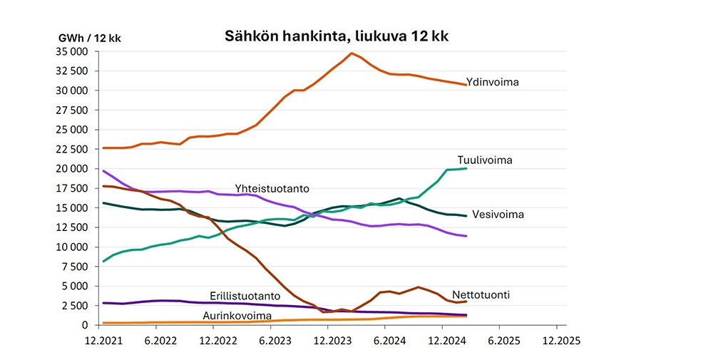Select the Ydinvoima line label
(x=492, y=82)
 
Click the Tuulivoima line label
(x=485, y=160)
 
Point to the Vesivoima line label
(x=497, y=214)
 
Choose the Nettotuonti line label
(x=481, y=294)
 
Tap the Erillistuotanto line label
(x=244, y=296)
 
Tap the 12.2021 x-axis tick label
(x=104, y=340)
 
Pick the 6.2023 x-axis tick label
(x=273, y=340)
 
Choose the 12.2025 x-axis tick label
(x=556, y=340)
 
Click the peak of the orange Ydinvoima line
(x=351, y=53)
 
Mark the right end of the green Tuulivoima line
(x=466, y=168)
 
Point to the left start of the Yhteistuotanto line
(x=104, y=171)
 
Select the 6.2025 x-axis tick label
(x=500, y=340)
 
